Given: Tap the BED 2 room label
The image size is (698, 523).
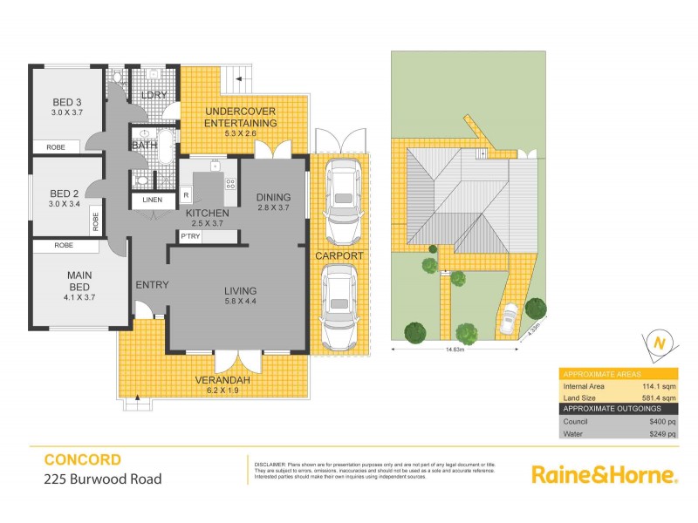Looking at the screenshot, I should (65, 193).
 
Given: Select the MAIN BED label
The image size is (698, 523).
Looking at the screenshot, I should (79, 281).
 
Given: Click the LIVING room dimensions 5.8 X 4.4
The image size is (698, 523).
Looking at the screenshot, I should (239, 302).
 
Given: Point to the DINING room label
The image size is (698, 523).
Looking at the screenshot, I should (273, 197).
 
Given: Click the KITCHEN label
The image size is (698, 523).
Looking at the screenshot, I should (208, 213).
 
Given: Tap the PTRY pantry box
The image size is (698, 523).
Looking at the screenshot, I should (189, 236).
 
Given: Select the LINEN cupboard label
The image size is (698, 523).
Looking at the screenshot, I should (153, 200).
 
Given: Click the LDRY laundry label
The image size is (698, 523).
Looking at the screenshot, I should (154, 94).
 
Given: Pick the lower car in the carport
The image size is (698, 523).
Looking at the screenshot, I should (338, 304).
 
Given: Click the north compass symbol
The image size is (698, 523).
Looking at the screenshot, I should (659, 343).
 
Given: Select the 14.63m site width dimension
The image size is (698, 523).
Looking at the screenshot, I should (452, 350).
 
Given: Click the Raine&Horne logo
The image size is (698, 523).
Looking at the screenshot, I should (604, 475).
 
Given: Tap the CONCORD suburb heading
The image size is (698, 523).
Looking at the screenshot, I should (82, 459).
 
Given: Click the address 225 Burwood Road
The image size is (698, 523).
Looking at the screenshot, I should (102, 479).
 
